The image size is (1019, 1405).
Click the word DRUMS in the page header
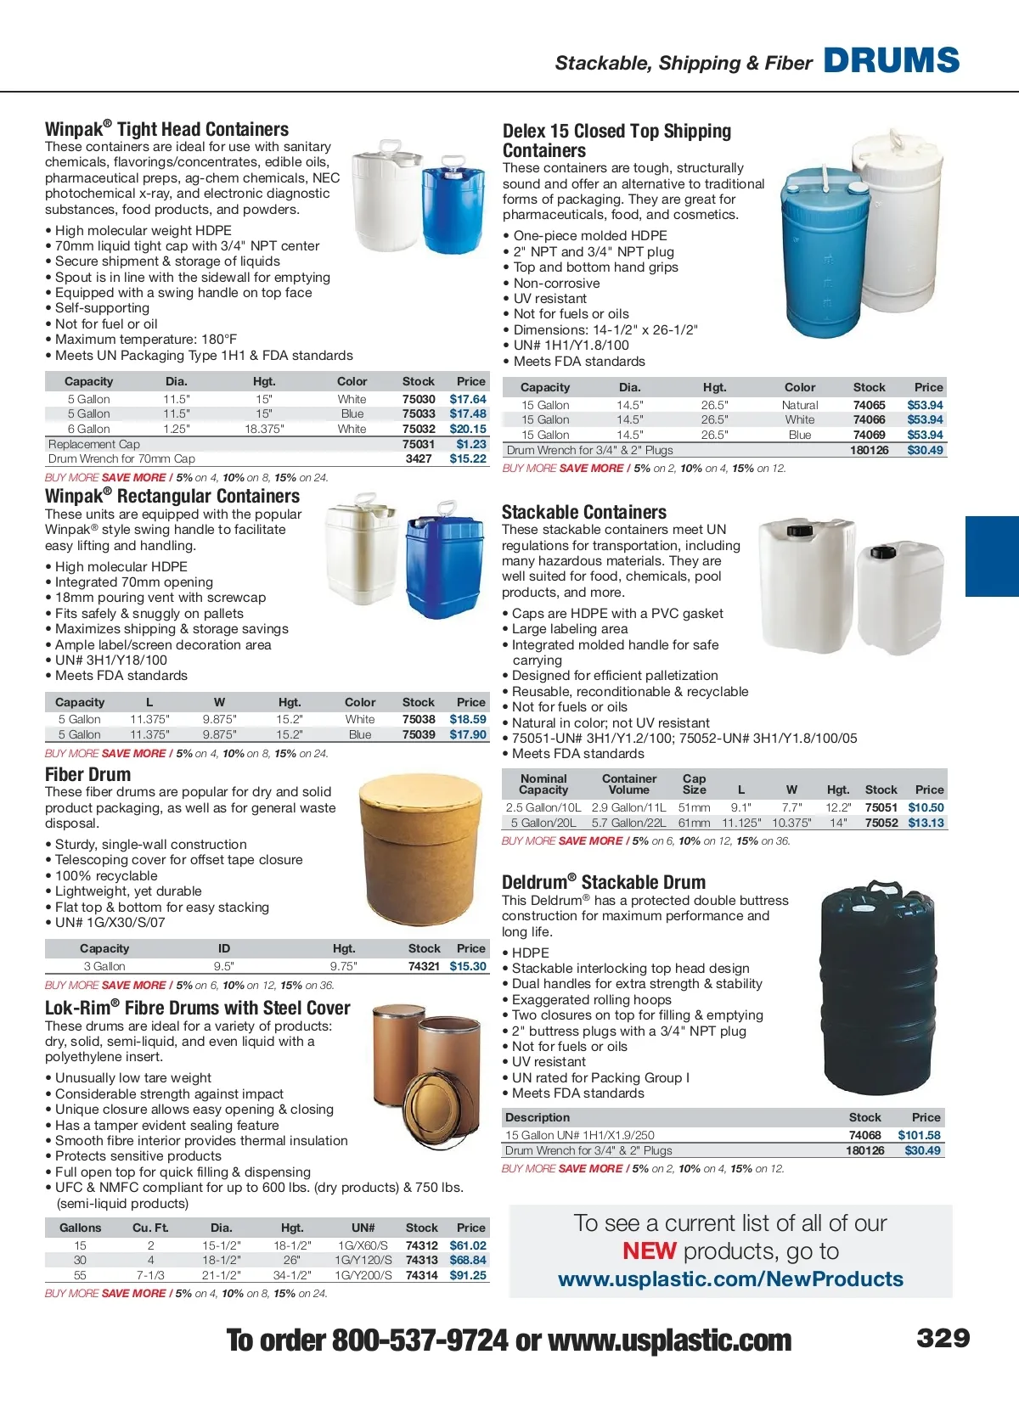pos(892,60)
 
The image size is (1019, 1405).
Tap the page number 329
pos(943,1338)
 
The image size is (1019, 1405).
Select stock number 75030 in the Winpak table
pos(419,399)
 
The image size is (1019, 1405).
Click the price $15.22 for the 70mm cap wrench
pos(468,458)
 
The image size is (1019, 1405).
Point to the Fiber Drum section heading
pos(88,774)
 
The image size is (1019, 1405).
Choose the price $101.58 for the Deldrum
pos(919,1135)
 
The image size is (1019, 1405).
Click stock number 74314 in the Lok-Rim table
pos(421,1275)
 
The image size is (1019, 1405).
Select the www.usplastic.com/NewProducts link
pos(730,1279)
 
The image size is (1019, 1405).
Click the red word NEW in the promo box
pos(649,1251)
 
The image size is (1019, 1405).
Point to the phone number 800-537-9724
pos(419,1340)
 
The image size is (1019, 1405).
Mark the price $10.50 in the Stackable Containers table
pos(926,807)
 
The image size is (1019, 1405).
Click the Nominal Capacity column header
pos(543,784)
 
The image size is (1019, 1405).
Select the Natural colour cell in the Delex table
pos(800,405)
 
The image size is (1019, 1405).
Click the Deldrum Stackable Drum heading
pos(603,882)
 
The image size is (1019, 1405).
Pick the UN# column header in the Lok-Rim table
pos(363,1228)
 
